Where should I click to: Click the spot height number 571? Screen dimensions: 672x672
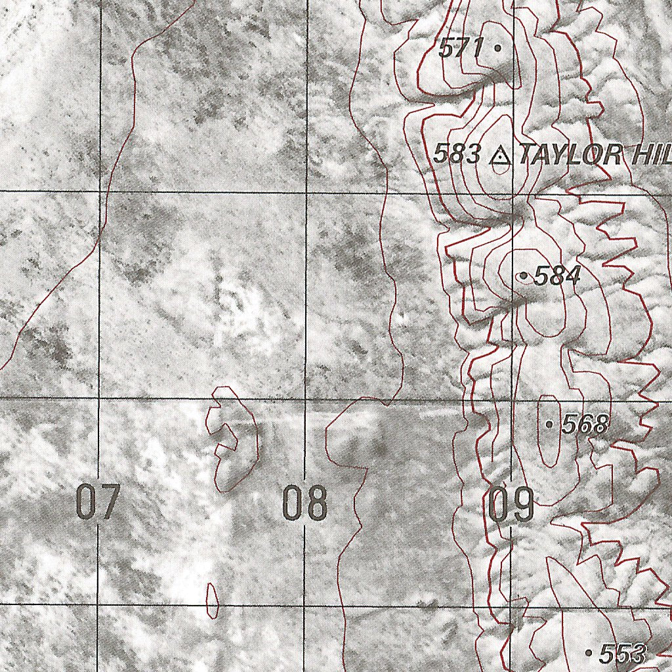click(461, 47)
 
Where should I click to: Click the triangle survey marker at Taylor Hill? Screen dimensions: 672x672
click(501, 156)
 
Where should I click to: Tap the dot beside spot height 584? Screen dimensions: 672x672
click(523, 276)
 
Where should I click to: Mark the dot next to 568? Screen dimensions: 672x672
click(549, 425)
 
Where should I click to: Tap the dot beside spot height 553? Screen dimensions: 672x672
click(589, 652)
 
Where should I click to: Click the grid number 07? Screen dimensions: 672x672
click(97, 502)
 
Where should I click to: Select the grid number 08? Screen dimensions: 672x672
click(304, 503)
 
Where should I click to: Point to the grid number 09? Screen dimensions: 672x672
click(511, 504)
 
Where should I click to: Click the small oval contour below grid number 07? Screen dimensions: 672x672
click(212, 600)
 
